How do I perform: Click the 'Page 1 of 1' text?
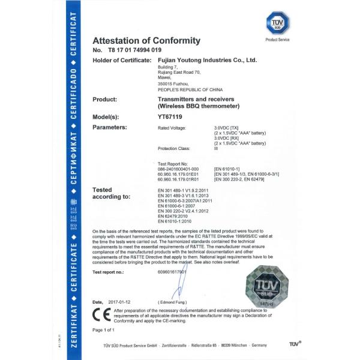pos(105,329)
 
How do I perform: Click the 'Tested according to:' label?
pos(113,193)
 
